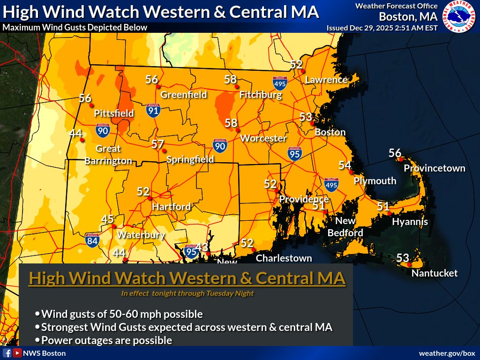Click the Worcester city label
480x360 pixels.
(x=263, y=138)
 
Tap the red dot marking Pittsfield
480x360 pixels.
(x=91, y=105)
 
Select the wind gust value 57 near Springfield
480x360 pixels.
(x=157, y=144)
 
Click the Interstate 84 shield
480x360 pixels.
(x=92, y=240)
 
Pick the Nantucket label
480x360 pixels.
(x=434, y=273)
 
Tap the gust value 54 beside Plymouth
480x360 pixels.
(x=345, y=165)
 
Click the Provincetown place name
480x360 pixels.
(x=435, y=168)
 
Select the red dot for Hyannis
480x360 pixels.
(x=389, y=213)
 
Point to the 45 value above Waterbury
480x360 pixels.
(x=108, y=219)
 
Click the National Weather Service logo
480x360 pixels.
(x=460, y=16)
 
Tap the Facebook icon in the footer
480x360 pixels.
(x=7, y=353)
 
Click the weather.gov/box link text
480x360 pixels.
(x=447, y=353)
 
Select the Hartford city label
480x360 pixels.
(x=171, y=207)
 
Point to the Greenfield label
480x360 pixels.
(x=184, y=95)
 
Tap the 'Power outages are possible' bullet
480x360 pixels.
(x=107, y=340)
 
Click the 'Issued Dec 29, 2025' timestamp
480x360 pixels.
(x=382, y=28)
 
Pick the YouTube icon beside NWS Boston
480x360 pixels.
(x=17, y=353)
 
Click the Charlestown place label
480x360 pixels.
(x=284, y=258)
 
